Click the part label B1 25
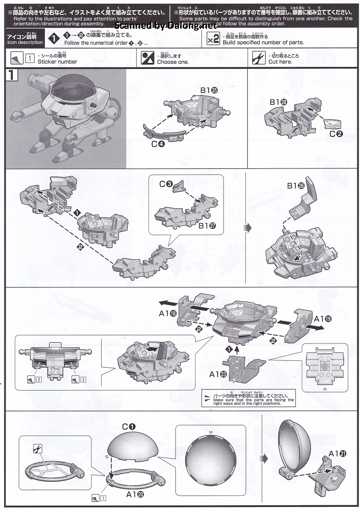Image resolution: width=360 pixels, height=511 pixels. (209, 90)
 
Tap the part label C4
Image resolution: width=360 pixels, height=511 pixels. (158, 144)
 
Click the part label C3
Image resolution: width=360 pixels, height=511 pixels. (166, 184)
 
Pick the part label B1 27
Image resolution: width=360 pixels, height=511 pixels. (207, 226)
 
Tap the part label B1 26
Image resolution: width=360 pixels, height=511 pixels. (296, 186)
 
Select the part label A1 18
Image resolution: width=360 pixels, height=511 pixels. (168, 313)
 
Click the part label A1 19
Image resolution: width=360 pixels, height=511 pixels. (323, 319)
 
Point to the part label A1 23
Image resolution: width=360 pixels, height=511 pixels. (218, 374)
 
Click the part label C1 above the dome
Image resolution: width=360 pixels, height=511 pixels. (128, 427)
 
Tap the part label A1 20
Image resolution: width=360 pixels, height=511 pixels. (135, 494)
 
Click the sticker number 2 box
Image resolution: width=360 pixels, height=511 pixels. (39, 379)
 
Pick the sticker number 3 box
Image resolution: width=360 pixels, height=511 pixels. (83, 379)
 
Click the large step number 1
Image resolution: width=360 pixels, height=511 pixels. (11, 75)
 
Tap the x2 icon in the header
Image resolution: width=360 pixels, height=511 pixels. (213, 39)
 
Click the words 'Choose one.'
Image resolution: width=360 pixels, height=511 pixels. (173, 62)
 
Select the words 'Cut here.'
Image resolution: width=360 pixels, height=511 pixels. (280, 62)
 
